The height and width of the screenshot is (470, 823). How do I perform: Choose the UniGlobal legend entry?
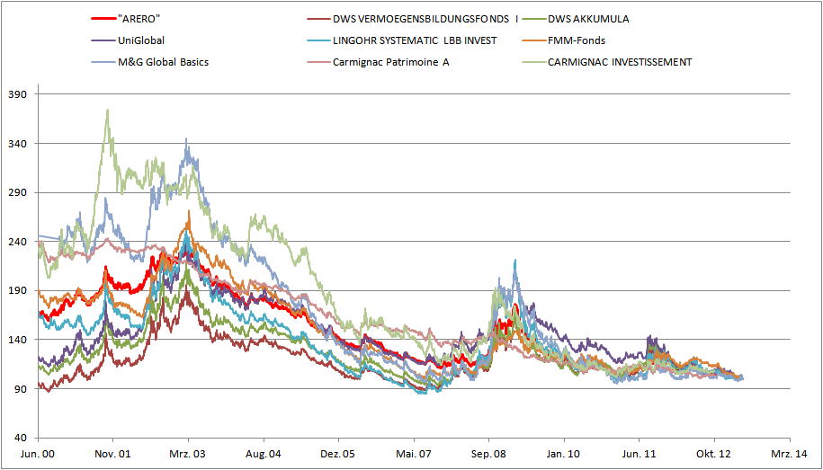click(x=141, y=40)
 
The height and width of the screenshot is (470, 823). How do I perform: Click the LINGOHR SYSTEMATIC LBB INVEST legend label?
click(x=414, y=40)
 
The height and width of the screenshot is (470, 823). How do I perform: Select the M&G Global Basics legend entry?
click(x=163, y=62)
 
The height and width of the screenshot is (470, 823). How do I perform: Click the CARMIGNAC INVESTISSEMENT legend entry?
click(x=620, y=62)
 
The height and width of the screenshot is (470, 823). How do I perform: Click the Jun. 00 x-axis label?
click(x=39, y=455)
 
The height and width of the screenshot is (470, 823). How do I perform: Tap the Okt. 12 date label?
click(x=713, y=455)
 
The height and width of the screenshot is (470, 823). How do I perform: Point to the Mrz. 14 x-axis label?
click(x=788, y=455)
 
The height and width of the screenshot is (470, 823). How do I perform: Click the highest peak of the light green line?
click(x=108, y=111)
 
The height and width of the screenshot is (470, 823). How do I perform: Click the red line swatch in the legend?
click(x=103, y=18)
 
